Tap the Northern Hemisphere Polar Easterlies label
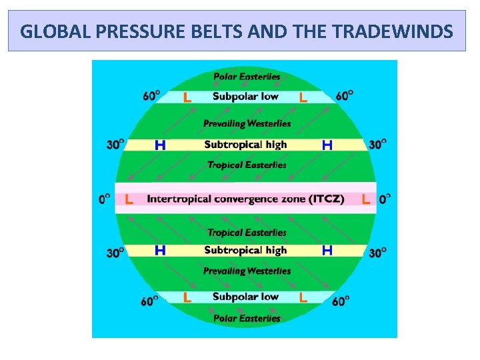pyautogui.click(x=247, y=77)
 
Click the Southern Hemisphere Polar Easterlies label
pyautogui.click(x=247, y=318)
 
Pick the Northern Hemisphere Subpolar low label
pyautogui.click(x=245, y=96)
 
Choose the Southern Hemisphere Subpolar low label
pyautogui.click(x=245, y=297)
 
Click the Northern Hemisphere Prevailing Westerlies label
pyautogui.click(x=247, y=123)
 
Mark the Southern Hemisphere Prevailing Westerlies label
pyautogui.click(x=247, y=271)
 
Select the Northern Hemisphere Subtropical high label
pyautogui.click(x=245, y=144)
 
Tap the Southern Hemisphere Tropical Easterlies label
pyautogui.click(x=247, y=233)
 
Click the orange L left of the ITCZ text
pyautogui.click(x=129, y=199)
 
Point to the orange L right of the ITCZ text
pyautogui.click(x=365, y=199)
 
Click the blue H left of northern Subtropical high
pyautogui.click(x=160, y=145)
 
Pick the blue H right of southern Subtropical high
pyautogui.click(x=327, y=251)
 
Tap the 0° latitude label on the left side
pyautogui.click(x=105, y=199)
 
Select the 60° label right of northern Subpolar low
pyautogui.click(x=344, y=96)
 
